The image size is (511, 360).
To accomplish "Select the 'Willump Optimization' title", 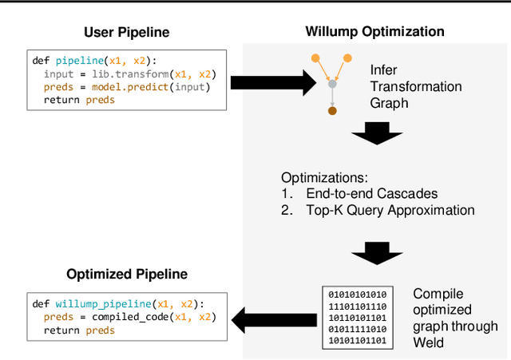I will [x=374, y=32].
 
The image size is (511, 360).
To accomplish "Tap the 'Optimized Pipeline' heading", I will [x=128, y=274].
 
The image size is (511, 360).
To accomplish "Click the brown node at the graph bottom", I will [x=331, y=111].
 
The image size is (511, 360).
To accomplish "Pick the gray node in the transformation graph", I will [x=332, y=83].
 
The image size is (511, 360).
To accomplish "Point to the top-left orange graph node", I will [x=315, y=57].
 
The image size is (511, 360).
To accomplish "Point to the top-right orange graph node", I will [x=349, y=57].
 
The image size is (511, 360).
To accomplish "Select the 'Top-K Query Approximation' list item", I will [x=390, y=211].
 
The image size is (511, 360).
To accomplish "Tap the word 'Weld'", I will [x=430, y=342].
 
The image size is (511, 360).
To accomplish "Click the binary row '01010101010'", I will [x=357, y=294].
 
